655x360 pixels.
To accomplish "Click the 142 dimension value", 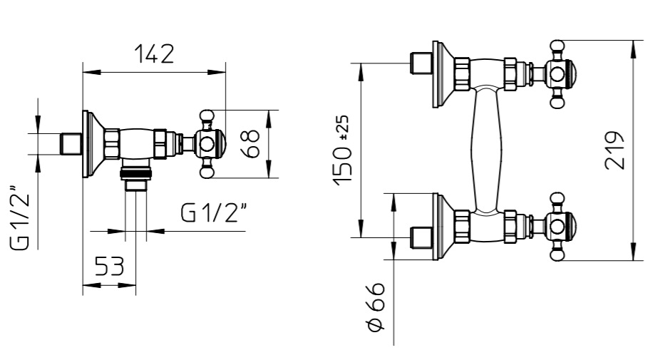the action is (154, 54).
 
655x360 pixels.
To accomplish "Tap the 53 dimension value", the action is (110, 266).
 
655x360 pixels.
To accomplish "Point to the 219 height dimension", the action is (614, 150).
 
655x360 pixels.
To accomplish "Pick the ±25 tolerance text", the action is (344, 127).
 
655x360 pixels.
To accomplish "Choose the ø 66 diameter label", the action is (376, 307).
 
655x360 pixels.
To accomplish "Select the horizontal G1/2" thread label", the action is (214, 212).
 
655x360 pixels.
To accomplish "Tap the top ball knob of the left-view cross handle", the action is (207, 115).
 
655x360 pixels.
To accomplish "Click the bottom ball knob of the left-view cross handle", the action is (207, 173).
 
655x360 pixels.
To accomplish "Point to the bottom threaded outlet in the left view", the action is (135, 180).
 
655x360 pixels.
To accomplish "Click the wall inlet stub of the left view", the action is (72, 144).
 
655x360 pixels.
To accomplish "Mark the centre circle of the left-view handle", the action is (207, 144).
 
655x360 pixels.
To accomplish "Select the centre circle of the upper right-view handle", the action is (557, 75).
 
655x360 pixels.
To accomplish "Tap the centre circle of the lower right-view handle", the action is (557, 227).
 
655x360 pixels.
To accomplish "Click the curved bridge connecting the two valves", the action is (488, 150).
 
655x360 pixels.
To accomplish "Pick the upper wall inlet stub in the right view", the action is (421, 63).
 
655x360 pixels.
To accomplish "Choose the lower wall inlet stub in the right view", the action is (421, 237).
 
